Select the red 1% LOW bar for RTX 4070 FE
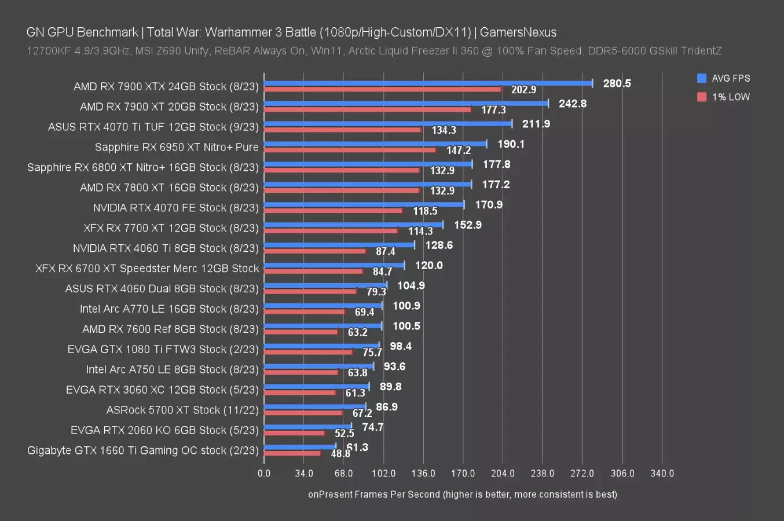333,211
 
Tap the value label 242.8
573,104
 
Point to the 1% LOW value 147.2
459,151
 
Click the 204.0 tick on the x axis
503,474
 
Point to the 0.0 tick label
264,474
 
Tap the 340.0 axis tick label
662,474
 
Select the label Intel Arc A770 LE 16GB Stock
169,309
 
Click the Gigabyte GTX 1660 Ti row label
143,450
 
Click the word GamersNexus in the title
518,32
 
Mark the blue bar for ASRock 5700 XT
314,407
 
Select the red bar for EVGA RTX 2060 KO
294,433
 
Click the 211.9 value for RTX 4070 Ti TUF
536,124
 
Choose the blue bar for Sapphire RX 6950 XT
375,144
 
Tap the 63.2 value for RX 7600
357,332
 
